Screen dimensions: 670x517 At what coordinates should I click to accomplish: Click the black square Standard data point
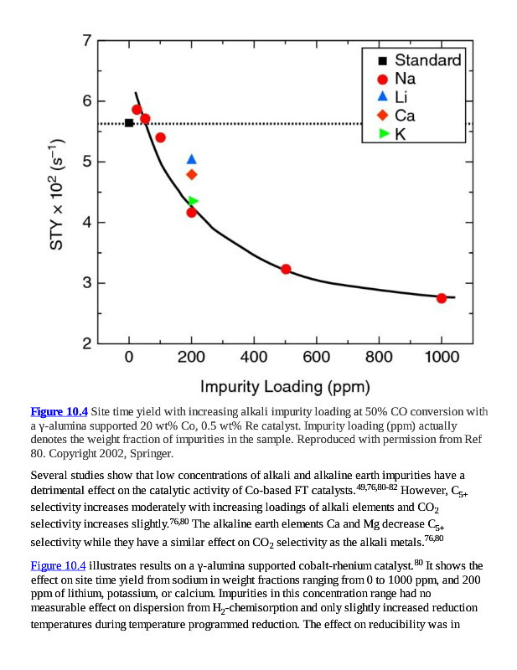129,123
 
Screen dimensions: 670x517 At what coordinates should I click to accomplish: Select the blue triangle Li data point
192,159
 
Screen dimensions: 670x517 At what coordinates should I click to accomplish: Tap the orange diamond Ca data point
192,174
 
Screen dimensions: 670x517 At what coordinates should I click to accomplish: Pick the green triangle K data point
193,201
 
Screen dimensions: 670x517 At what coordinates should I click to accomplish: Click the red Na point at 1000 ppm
442,298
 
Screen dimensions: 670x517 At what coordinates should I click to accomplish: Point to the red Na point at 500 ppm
286,269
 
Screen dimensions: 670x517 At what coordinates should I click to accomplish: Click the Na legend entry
405,79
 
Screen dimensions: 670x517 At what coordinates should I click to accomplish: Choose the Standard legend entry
427,60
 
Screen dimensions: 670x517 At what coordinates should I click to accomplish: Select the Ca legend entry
405,116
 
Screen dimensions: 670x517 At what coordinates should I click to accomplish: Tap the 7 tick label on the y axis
88,40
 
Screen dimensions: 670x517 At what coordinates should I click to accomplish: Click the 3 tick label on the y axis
88,283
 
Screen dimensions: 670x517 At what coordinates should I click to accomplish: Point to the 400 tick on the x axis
254,357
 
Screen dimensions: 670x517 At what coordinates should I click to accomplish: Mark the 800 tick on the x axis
379,357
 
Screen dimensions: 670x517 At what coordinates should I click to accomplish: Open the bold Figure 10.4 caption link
59,411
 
